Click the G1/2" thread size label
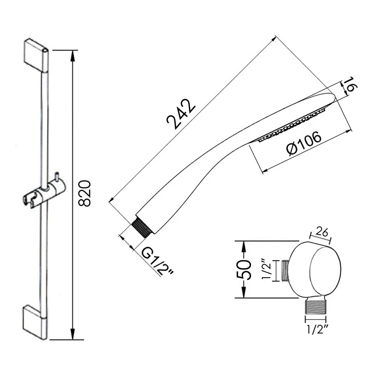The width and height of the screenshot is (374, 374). [158, 262]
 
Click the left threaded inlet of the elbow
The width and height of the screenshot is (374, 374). [285, 270]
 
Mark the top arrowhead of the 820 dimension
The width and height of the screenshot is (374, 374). [72, 52]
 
